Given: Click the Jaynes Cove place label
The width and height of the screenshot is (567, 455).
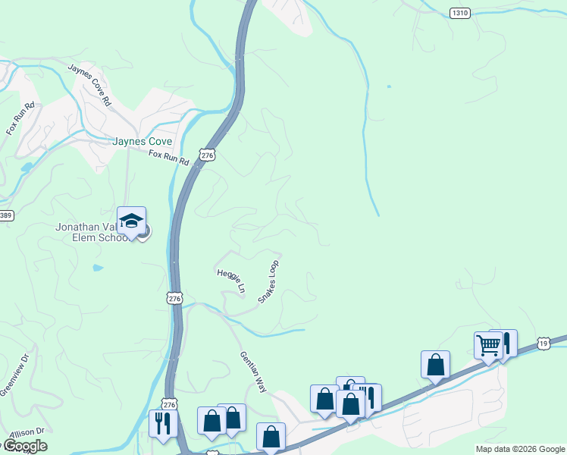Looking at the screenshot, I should [x=142, y=141].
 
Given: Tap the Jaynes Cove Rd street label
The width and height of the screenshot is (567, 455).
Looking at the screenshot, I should [x=89, y=83].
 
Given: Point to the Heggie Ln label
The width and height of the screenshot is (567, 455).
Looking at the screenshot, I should [x=231, y=281].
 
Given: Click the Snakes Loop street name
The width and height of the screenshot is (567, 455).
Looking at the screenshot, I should [x=269, y=282].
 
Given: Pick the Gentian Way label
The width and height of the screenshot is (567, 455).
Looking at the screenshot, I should [x=254, y=372].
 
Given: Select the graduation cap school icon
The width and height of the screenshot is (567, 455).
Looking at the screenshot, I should [x=131, y=221].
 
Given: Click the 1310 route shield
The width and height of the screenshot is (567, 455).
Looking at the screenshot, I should [x=459, y=13].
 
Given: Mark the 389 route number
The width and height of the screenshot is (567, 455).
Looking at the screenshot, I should [x=5, y=216].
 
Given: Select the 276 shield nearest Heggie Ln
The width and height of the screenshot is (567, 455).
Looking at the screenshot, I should [x=175, y=299].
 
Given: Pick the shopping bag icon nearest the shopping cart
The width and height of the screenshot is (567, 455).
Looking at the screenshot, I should [x=436, y=364].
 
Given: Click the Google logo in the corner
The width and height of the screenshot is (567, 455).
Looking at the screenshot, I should [x=24, y=446].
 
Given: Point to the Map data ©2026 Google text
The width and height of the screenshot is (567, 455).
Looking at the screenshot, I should [x=520, y=449].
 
